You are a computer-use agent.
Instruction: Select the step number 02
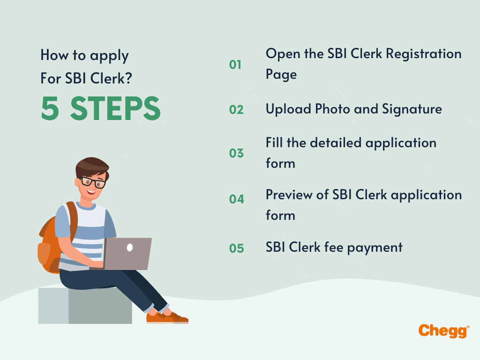point(236,110)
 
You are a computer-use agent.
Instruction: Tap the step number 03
point(236,153)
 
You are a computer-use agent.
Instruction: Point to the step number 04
point(236,199)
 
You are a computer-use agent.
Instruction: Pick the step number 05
point(236,248)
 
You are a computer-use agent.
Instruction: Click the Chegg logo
point(443,330)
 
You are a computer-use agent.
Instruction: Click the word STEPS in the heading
point(115,109)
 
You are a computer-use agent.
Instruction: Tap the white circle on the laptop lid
point(130,247)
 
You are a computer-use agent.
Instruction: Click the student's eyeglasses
point(93,181)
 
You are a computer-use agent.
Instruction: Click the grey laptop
point(127,253)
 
